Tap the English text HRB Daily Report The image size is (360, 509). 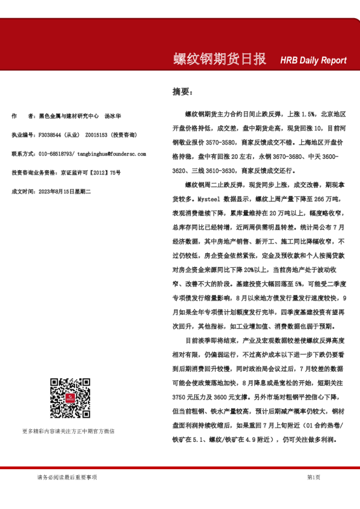(x=313, y=60)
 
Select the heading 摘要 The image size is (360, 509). (x=182, y=92)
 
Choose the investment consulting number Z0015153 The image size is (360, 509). (x=97, y=134)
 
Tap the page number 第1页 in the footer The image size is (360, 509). (x=313, y=478)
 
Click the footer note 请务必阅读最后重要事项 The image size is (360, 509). (x=67, y=478)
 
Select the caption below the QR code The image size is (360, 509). (x=68, y=431)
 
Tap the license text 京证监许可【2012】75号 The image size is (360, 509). (x=90, y=173)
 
